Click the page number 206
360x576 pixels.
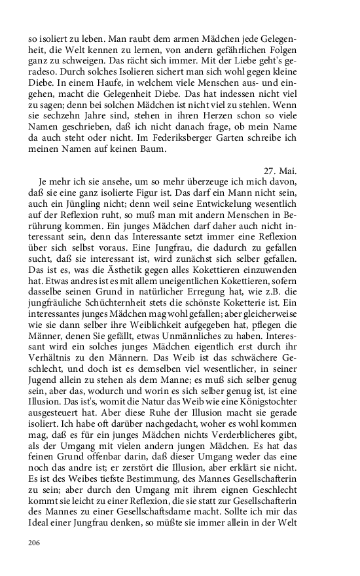[x=35, y=543]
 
